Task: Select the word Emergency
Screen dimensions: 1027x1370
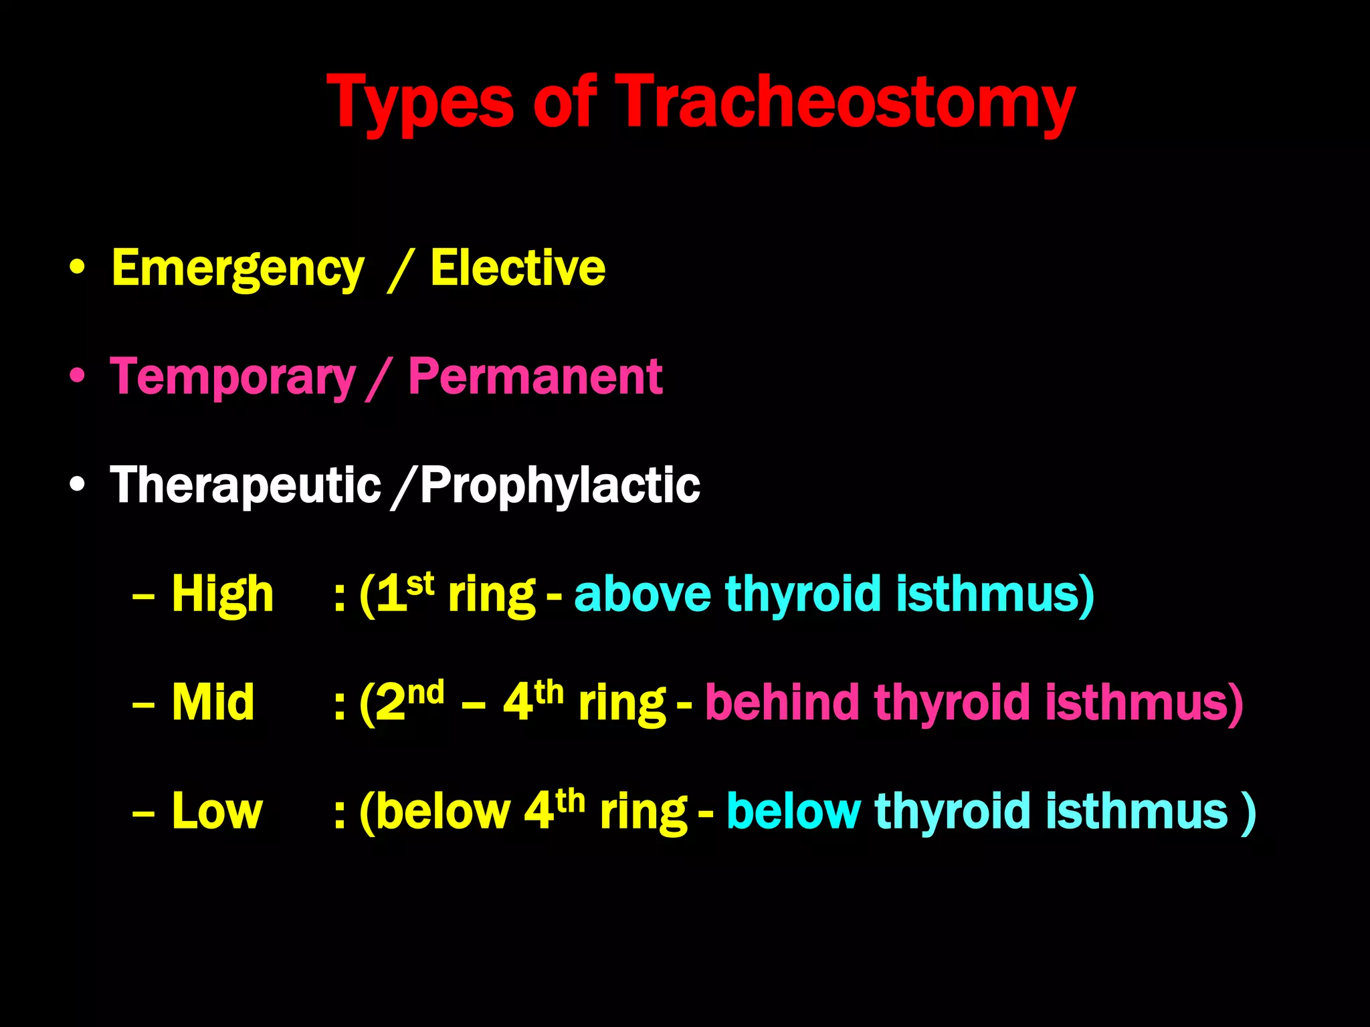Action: coord(238,269)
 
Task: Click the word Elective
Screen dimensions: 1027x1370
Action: coord(518,267)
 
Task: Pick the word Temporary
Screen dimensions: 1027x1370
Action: coord(233,378)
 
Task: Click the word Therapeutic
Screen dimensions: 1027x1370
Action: coord(246,485)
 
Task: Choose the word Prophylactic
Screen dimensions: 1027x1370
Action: coord(561,487)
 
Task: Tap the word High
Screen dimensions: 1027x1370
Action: coord(222,594)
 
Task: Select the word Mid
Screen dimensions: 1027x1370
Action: coord(213,702)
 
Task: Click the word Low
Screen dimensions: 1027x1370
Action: coord(217,811)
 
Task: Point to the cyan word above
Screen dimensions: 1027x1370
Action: coord(642,594)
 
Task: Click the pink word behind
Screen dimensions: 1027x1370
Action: coord(782,702)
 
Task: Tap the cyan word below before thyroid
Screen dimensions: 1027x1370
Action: coord(793,811)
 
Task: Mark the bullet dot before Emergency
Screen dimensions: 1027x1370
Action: coord(78,268)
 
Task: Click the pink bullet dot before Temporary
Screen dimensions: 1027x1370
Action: coord(78,376)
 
